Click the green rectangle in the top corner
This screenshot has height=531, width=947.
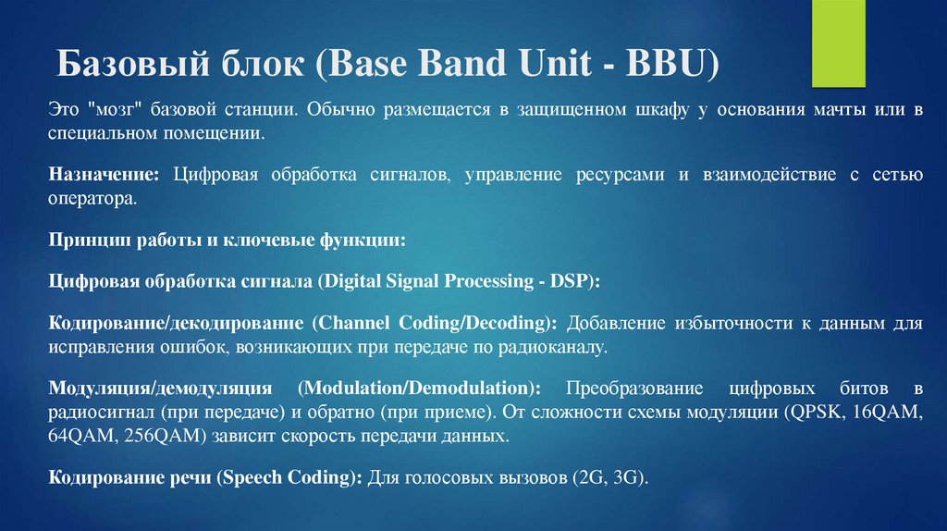(838, 43)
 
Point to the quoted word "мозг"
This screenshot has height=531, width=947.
(107, 110)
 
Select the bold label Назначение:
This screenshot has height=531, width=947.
(105, 175)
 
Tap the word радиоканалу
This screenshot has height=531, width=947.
(561, 347)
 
